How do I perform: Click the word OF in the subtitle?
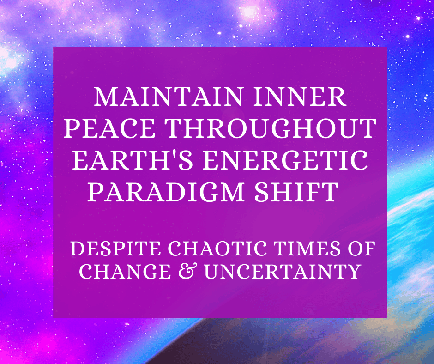[x=362, y=251]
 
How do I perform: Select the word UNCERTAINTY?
[x=282, y=272]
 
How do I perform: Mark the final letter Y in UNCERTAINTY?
[x=353, y=272]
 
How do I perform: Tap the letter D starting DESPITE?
[x=77, y=251]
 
